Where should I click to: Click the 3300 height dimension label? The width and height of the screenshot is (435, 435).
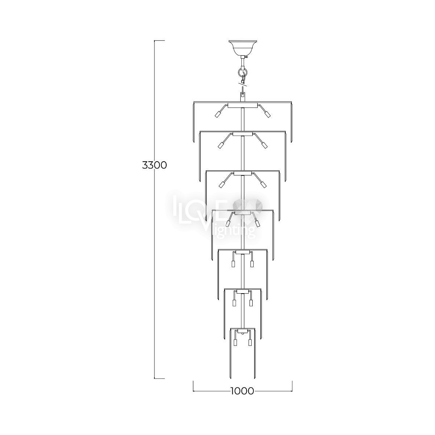coord(155,165)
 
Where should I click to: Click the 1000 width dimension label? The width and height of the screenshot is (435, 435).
coord(243,391)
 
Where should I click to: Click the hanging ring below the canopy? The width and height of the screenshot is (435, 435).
coord(243,73)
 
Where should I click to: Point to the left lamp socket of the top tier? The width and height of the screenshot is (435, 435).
coord(217,115)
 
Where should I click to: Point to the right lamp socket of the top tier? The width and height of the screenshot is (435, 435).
coord(267,115)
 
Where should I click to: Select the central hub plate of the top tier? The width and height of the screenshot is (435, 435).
coord(243,105)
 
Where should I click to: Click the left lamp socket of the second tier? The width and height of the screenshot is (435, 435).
coord(220,145)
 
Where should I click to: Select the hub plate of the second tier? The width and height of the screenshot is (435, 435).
coord(243,134)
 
